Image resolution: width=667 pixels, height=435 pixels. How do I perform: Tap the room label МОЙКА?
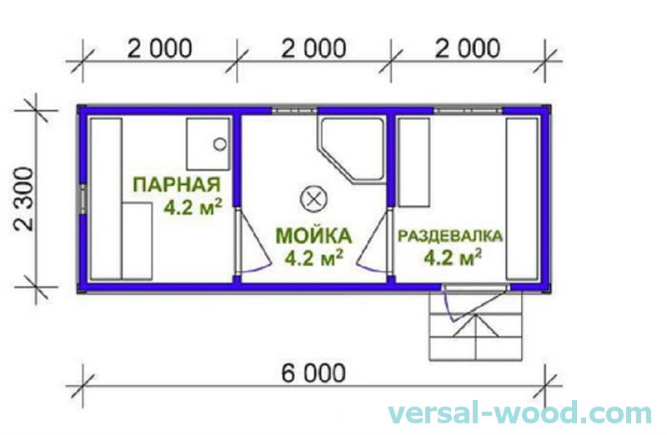point(314,235)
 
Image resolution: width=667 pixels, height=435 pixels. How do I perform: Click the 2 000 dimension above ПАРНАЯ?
point(159,47)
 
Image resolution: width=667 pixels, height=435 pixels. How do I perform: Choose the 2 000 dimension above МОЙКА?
point(313,47)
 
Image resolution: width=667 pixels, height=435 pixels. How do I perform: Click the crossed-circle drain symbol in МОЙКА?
point(313,198)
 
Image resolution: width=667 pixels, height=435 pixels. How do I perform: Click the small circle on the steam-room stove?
point(219,143)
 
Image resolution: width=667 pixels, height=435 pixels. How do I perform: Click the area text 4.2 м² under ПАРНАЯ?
point(192,207)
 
